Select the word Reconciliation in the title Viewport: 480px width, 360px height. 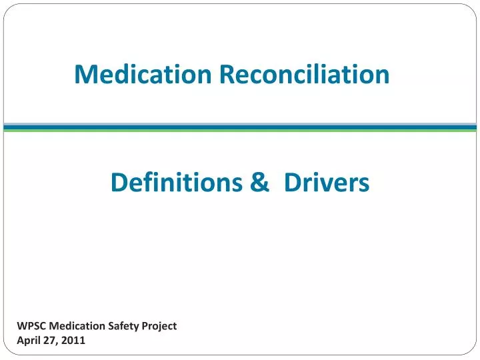click(305, 74)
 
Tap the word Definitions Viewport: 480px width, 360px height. click(175, 181)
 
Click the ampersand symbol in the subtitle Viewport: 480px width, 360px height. click(259, 181)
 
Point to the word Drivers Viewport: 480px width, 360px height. click(326, 181)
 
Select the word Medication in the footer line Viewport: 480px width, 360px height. click(78, 326)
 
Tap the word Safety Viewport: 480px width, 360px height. click(127, 326)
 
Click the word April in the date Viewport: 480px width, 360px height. click(28, 340)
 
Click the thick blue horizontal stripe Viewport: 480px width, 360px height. click(240, 126)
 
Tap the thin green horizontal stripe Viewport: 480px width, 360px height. click(240, 131)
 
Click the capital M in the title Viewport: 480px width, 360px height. click(85, 74)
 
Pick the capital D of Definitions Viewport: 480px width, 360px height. click(119, 181)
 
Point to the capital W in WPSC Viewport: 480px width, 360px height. click(21, 326)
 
